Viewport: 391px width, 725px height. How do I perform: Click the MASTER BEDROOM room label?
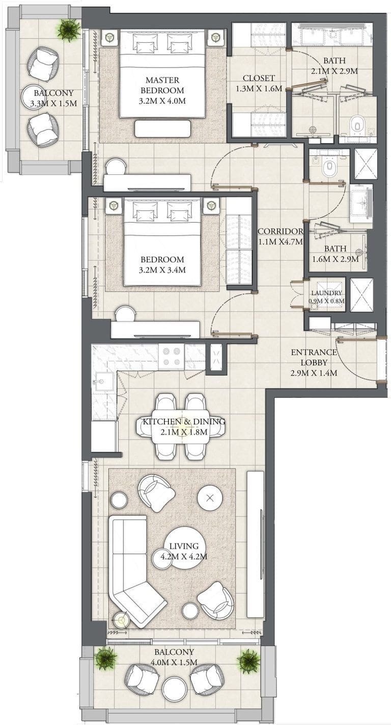pos(162,85)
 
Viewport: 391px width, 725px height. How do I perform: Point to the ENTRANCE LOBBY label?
pos(314,357)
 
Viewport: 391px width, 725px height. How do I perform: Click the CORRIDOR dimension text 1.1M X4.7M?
pos(281,242)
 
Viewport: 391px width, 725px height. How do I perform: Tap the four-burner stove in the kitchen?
pos(171,356)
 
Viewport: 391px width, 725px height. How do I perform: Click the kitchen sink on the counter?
pos(103,382)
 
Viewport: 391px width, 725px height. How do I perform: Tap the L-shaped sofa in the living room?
pos(135,572)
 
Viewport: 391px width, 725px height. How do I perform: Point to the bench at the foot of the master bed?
pos(162,128)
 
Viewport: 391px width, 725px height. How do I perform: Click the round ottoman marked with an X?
pos(210,498)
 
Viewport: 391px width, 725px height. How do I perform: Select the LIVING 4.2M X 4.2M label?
pos(184,551)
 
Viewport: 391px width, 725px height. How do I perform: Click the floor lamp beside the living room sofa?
pos(121,620)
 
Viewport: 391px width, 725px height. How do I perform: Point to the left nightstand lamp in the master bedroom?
pos(110,38)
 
